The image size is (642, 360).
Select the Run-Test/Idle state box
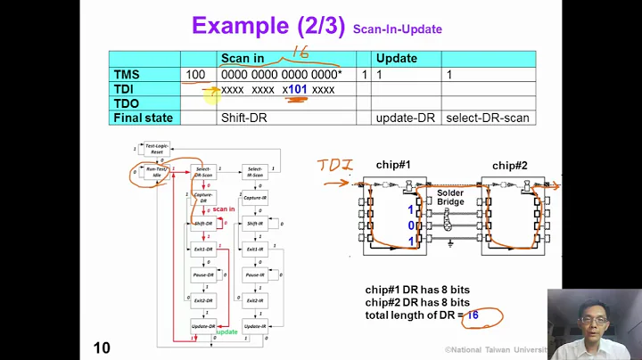click(x=157, y=174)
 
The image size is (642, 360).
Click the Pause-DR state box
click(x=204, y=275)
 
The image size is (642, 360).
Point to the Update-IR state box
click(x=255, y=327)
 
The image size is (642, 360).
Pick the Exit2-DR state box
click(x=204, y=301)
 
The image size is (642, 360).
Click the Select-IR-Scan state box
click(x=255, y=171)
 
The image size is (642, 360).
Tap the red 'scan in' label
click(x=224, y=209)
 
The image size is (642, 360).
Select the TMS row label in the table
click(x=128, y=74)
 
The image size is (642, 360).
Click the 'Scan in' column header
click(x=243, y=59)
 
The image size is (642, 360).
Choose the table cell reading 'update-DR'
click(x=405, y=118)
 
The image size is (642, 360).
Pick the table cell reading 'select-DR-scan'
click(x=488, y=118)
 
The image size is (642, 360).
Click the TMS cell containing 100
click(x=197, y=74)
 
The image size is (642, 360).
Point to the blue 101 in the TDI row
click(x=297, y=89)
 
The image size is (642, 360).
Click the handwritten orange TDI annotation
click(x=335, y=165)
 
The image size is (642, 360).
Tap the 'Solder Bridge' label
click(x=450, y=198)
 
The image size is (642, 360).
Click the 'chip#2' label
click(x=511, y=166)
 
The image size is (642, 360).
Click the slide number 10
click(x=102, y=348)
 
